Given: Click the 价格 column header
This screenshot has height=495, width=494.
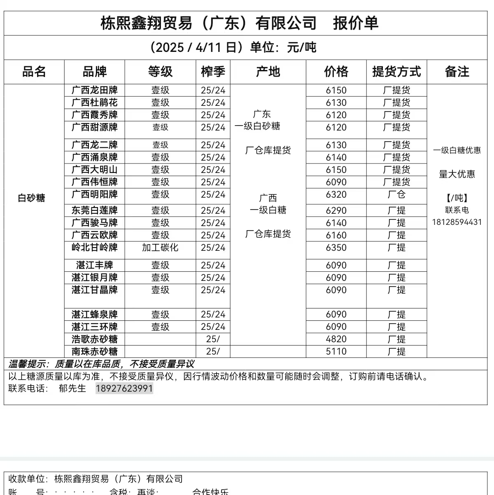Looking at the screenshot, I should pyautogui.click(x=336, y=72).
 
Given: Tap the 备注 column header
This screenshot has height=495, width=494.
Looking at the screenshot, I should pyautogui.click(x=457, y=72).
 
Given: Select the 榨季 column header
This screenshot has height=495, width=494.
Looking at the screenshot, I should pyautogui.click(x=213, y=72).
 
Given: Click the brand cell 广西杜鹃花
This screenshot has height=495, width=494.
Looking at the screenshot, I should pyautogui.click(x=94, y=103).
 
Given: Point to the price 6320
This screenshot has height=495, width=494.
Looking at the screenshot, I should pyautogui.click(x=336, y=194).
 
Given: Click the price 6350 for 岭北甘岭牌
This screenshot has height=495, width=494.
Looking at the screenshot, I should pyautogui.click(x=336, y=247).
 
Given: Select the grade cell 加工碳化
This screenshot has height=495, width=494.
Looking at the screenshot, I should pyautogui.click(x=160, y=247).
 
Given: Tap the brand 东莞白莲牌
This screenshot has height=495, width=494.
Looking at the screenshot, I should pyautogui.click(x=94, y=210).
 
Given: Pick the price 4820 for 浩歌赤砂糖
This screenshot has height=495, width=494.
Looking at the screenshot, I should pyautogui.click(x=336, y=339).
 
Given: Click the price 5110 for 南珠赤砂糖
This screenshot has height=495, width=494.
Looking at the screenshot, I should pyautogui.click(x=336, y=351).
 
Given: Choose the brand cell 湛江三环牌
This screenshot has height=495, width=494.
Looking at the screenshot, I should pyautogui.click(x=94, y=327).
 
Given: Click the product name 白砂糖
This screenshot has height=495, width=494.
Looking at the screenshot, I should pyautogui.click(x=31, y=198).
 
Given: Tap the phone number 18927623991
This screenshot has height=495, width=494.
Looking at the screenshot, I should pyautogui.click(x=124, y=388).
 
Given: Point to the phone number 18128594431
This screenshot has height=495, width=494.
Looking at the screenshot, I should pyautogui.click(x=457, y=222).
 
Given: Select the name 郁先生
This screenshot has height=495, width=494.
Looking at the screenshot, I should pyautogui.click(x=72, y=388).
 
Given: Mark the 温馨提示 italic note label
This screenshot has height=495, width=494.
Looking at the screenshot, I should pyautogui.click(x=28, y=364).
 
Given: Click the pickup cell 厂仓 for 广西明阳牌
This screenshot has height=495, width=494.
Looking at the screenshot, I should pyautogui.click(x=396, y=194).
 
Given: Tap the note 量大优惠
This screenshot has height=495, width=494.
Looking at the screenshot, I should pyautogui.click(x=457, y=174).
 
